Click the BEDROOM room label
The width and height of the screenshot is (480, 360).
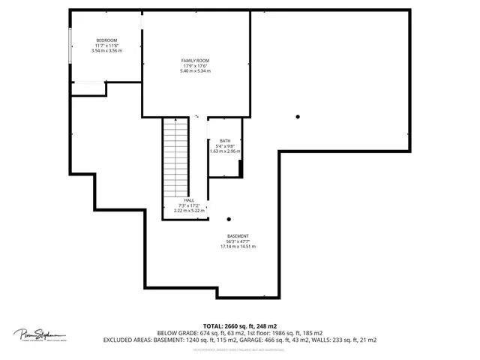tap(106, 40)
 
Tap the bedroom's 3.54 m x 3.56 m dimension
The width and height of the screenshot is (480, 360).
tap(106, 50)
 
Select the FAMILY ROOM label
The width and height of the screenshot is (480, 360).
tap(195, 60)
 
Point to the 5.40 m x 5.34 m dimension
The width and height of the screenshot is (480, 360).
tap(195, 70)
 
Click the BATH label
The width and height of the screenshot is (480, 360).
tap(225, 140)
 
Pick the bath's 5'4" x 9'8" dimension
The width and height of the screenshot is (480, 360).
tap(225, 145)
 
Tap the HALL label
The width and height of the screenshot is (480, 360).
tap(189, 200)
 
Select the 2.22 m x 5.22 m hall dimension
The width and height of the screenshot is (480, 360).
tap(189, 211)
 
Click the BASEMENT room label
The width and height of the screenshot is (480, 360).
tap(238, 235)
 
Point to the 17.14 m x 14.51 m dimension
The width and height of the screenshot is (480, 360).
tap(238, 246)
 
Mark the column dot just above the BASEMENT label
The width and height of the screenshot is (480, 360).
tap(229, 220)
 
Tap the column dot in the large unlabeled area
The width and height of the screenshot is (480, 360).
tap(298, 116)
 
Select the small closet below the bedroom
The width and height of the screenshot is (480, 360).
tap(88, 88)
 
